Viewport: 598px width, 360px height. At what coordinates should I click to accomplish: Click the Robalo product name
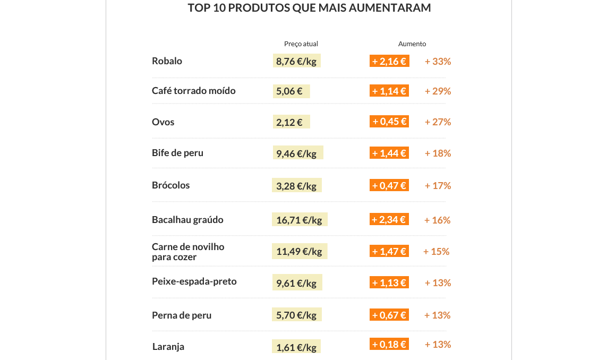[x=167, y=61]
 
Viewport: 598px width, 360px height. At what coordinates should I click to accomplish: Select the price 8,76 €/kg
[x=296, y=61]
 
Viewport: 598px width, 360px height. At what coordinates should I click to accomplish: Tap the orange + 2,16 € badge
[x=389, y=61]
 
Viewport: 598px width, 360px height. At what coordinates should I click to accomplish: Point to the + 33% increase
[x=438, y=62]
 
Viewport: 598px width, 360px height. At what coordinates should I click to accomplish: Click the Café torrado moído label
[x=193, y=91]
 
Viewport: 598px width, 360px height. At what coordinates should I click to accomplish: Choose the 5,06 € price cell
[x=291, y=91]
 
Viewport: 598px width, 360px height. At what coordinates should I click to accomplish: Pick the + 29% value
[x=438, y=91]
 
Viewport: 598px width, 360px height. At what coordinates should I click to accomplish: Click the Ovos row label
[x=163, y=122]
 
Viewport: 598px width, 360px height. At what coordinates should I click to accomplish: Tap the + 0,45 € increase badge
[x=389, y=122]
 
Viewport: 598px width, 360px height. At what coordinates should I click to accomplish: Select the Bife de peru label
[x=177, y=153]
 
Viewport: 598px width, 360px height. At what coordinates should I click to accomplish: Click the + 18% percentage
[x=438, y=153]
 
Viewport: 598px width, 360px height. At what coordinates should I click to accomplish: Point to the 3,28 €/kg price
[x=296, y=186]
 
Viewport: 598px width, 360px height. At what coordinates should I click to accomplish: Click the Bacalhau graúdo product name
[x=187, y=220]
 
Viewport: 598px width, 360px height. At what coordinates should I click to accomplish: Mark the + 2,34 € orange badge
[x=389, y=219]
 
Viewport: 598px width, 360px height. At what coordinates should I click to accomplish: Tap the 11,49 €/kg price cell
[x=300, y=251]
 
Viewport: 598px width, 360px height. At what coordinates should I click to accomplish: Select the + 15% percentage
[x=436, y=252]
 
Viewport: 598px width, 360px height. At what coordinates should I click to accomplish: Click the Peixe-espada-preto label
[x=194, y=281]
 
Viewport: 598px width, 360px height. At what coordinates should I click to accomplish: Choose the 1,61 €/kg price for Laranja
[x=296, y=348]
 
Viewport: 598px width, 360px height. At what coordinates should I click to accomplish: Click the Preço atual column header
[x=301, y=44]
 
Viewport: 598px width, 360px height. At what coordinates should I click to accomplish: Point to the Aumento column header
[x=412, y=44]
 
